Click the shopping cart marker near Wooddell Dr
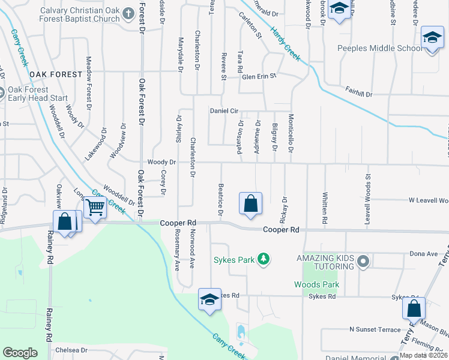[x=95, y=208]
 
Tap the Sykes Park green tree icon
[x=263, y=259]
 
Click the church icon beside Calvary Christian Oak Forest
[x=128, y=13]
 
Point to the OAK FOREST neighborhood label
[x=55, y=74]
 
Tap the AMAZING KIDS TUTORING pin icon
[x=362, y=261]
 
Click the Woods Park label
[x=316, y=284]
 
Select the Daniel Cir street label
[x=224, y=111]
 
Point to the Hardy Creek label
[x=285, y=43]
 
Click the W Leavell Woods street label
[x=428, y=200]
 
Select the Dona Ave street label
[x=425, y=254]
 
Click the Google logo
[x=20, y=353]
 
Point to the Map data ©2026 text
[x=423, y=355]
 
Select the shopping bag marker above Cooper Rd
[x=250, y=204]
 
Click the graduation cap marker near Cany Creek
[x=209, y=299]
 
